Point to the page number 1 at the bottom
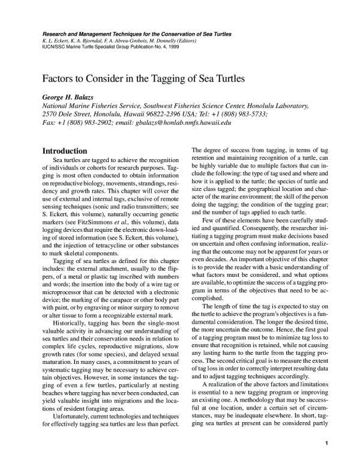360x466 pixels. coord(325,444)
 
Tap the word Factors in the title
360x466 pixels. coord(56,79)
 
